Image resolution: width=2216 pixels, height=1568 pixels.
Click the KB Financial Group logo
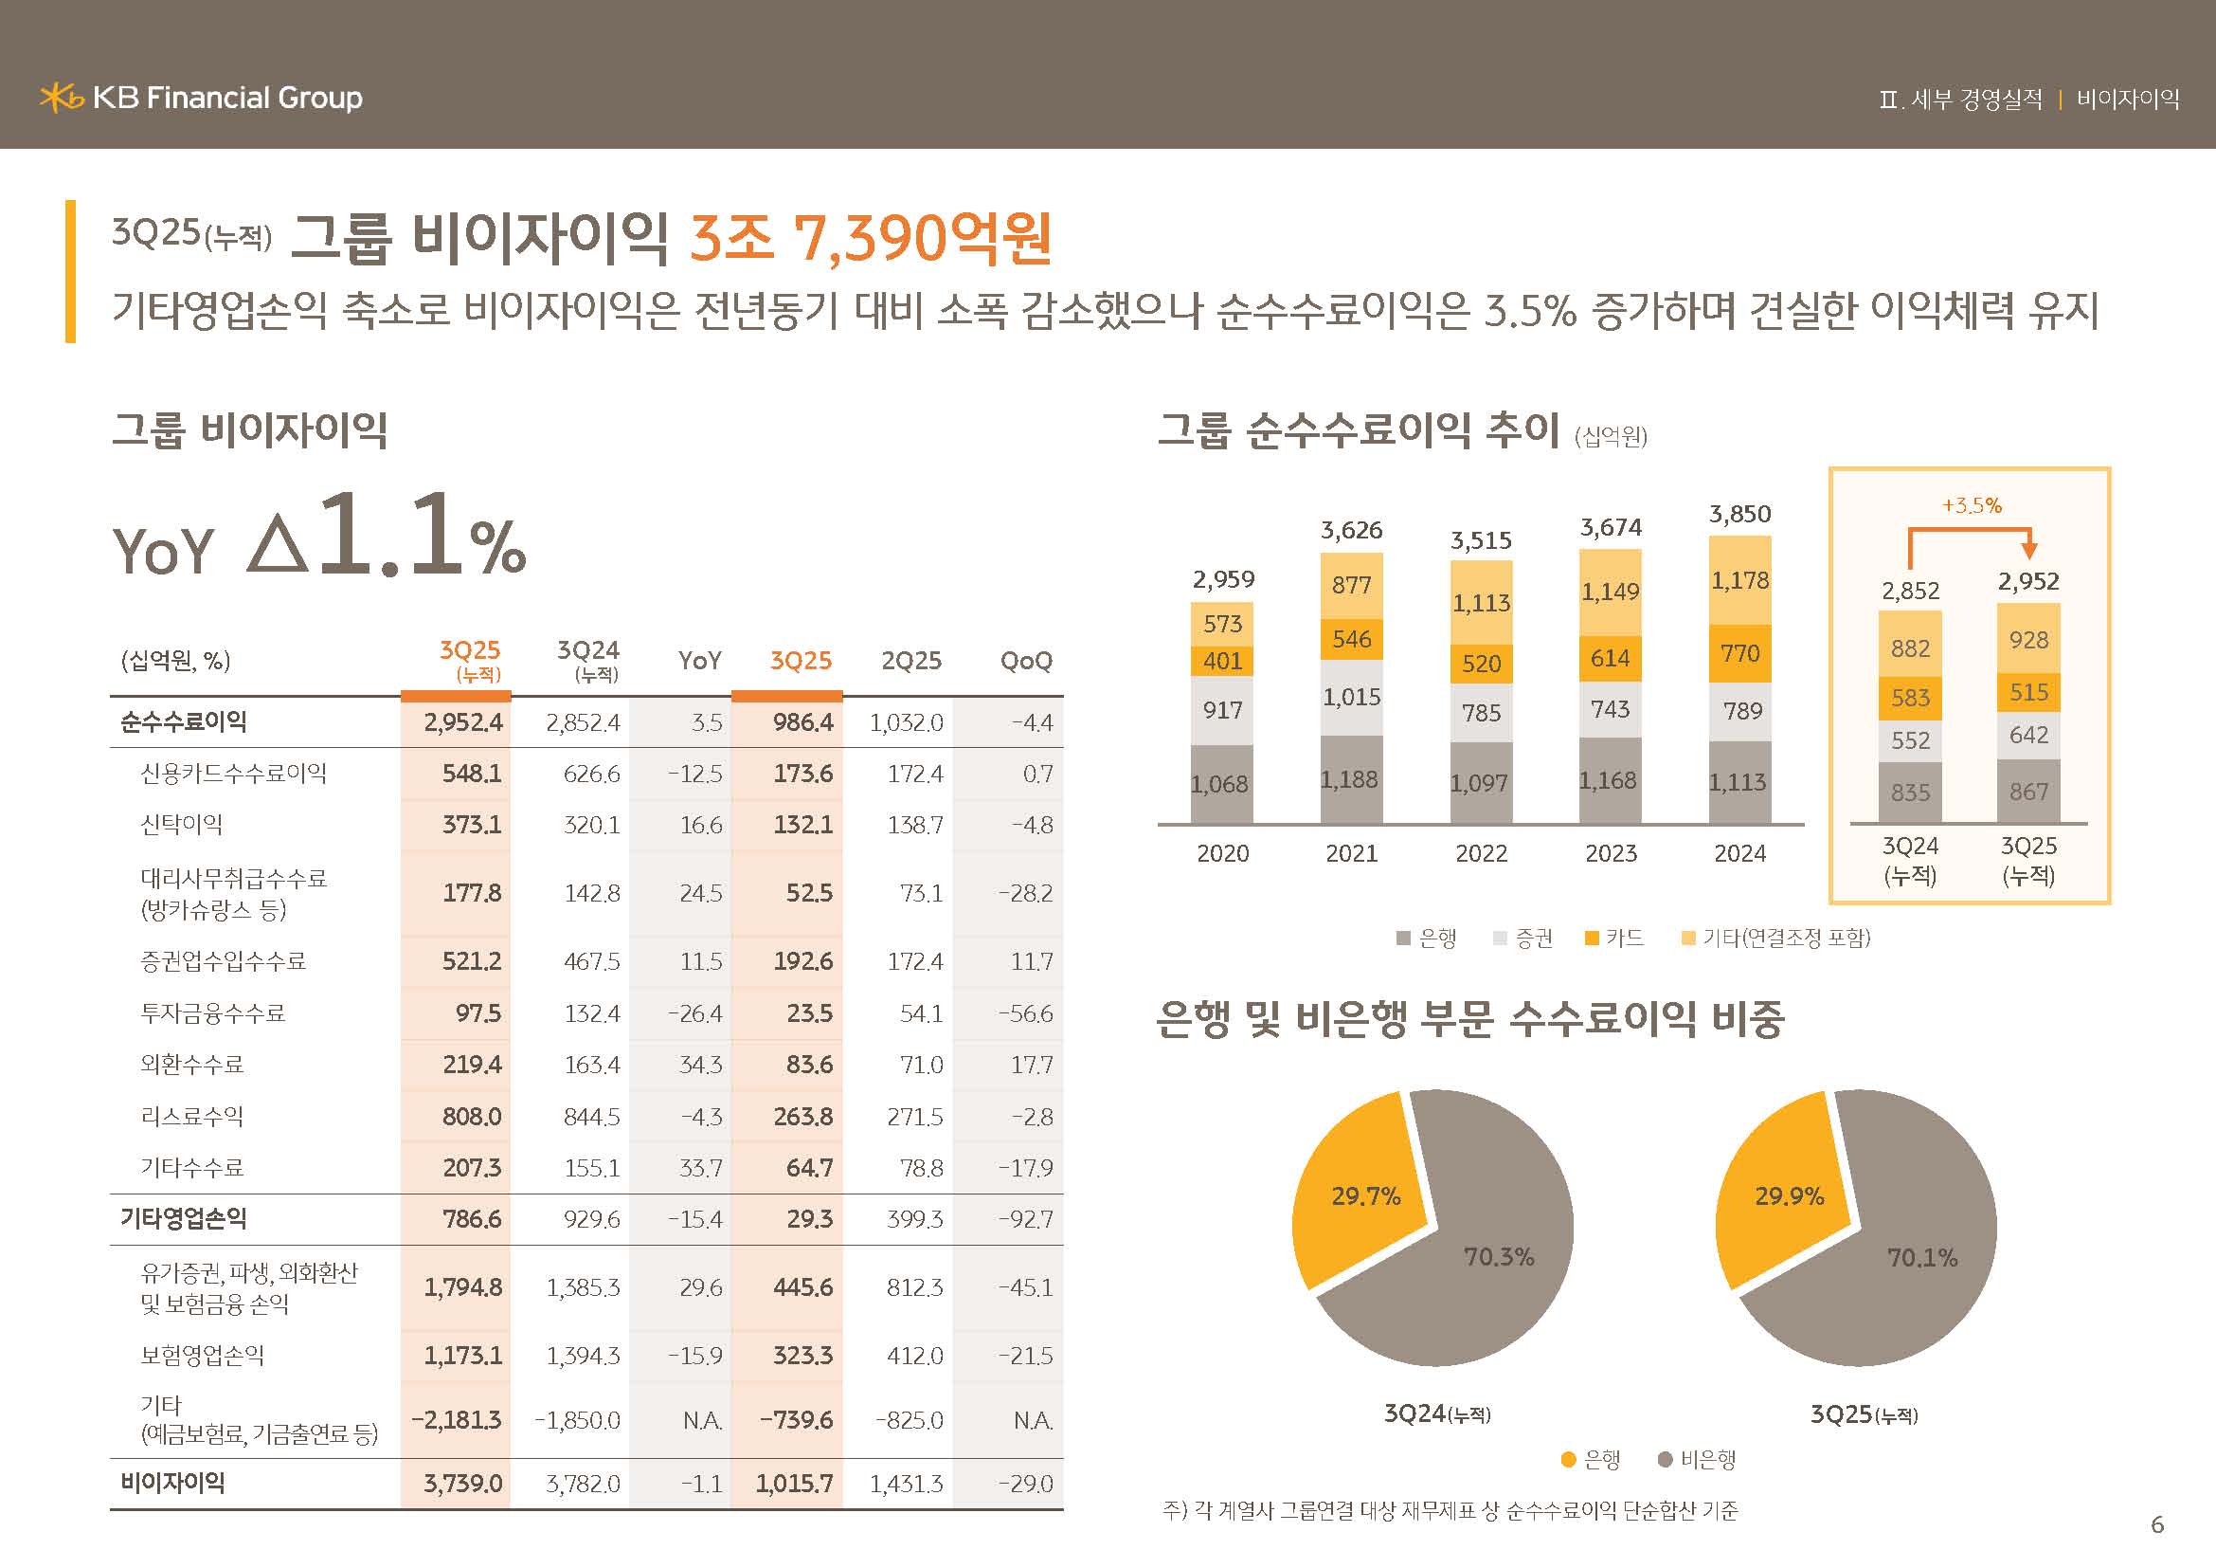(x=201, y=98)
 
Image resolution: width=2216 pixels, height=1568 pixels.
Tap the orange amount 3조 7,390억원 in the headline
(x=870, y=238)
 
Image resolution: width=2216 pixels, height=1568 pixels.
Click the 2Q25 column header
(x=911, y=661)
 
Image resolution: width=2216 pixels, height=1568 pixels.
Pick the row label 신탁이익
(x=182, y=825)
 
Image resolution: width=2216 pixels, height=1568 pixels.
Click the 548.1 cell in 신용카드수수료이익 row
(x=471, y=774)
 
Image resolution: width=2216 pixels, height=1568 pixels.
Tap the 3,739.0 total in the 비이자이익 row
(x=462, y=1483)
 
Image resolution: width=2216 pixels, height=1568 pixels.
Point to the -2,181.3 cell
(x=456, y=1419)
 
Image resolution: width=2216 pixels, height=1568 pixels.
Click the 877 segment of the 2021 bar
(x=1351, y=585)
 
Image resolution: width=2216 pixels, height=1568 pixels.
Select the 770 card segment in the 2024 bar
(x=1739, y=654)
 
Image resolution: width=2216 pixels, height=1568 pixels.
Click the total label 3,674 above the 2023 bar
(x=1610, y=527)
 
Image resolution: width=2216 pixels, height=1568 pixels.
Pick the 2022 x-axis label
(x=1481, y=853)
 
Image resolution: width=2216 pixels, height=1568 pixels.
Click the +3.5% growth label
(x=1971, y=505)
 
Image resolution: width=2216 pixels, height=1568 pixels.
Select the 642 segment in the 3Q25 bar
(x=2027, y=735)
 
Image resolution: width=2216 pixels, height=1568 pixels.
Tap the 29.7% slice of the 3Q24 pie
(x=1364, y=1196)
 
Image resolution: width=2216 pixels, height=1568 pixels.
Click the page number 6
(x=2157, y=1524)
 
